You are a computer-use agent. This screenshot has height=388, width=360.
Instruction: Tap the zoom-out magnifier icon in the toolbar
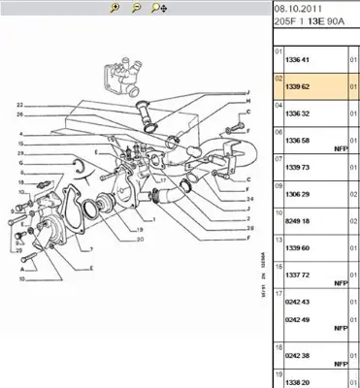(x=135, y=8)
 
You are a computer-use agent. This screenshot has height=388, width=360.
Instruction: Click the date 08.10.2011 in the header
(x=288, y=8)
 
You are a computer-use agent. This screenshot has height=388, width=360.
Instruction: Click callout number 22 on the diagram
(x=19, y=104)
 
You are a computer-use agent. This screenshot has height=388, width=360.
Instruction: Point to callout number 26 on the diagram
(x=19, y=113)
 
